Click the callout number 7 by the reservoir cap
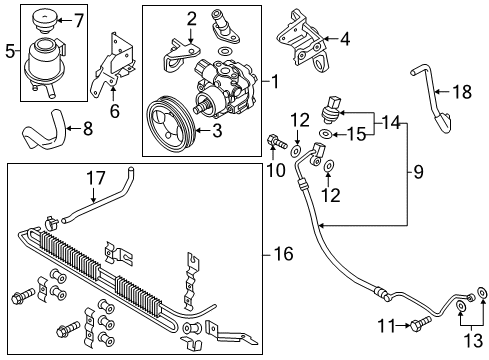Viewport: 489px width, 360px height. coord(80,20)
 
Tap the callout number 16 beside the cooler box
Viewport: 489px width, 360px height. coord(283,253)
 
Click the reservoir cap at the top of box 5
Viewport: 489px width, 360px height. coord(45,21)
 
